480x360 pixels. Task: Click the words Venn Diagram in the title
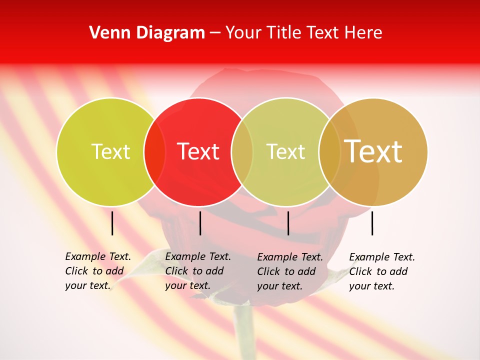click(x=147, y=33)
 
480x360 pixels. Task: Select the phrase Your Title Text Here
click(x=303, y=33)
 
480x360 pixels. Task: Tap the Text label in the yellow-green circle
click(x=110, y=151)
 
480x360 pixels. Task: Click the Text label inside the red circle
click(x=198, y=151)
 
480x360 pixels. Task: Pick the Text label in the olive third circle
click(x=285, y=151)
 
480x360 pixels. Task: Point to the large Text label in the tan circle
click(x=373, y=151)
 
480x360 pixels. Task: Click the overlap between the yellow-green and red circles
click(x=154, y=151)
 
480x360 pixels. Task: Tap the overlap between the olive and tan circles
click(x=329, y=151)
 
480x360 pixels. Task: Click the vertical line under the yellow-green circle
click(x=112, y=223)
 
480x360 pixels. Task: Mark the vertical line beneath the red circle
click(x=200, y=223)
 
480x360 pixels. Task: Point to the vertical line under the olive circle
click(x=288, y=223)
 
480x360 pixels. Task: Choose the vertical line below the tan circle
click(x=372, y=223)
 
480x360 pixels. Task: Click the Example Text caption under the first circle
click(x=97, y=271)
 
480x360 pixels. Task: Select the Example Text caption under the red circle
click(x=197, y=271)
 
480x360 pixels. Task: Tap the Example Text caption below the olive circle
click(x=289, y=271)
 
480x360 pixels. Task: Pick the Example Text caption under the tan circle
click(x=381, y=271)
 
